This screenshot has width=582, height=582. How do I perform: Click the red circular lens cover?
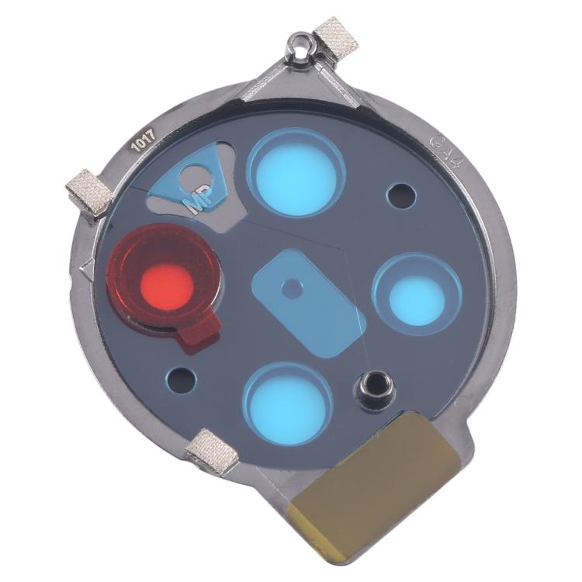coord(164,279)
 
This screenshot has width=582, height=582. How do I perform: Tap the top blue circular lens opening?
coord(296,173)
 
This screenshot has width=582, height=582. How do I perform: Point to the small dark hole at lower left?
coord(183,379)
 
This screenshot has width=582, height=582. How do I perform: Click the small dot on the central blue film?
coord(292,288)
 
